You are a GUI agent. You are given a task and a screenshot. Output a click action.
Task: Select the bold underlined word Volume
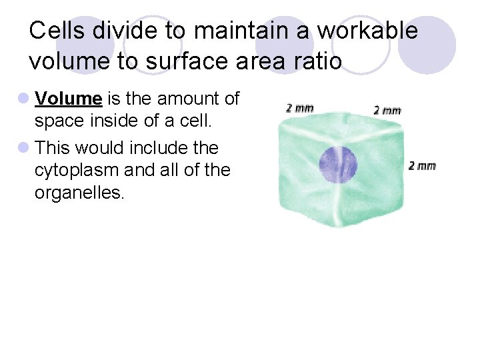(x=68, y=99)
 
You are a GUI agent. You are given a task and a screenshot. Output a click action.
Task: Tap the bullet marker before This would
(x=24, y=147)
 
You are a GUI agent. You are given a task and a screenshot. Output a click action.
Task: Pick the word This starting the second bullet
(x=54, y=147)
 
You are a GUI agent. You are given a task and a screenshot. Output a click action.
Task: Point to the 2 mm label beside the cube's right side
(x=421, y=165)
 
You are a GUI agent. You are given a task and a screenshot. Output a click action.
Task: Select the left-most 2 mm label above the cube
(x=299, y=107)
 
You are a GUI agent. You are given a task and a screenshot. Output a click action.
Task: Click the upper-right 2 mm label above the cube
(x=387, y=110)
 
